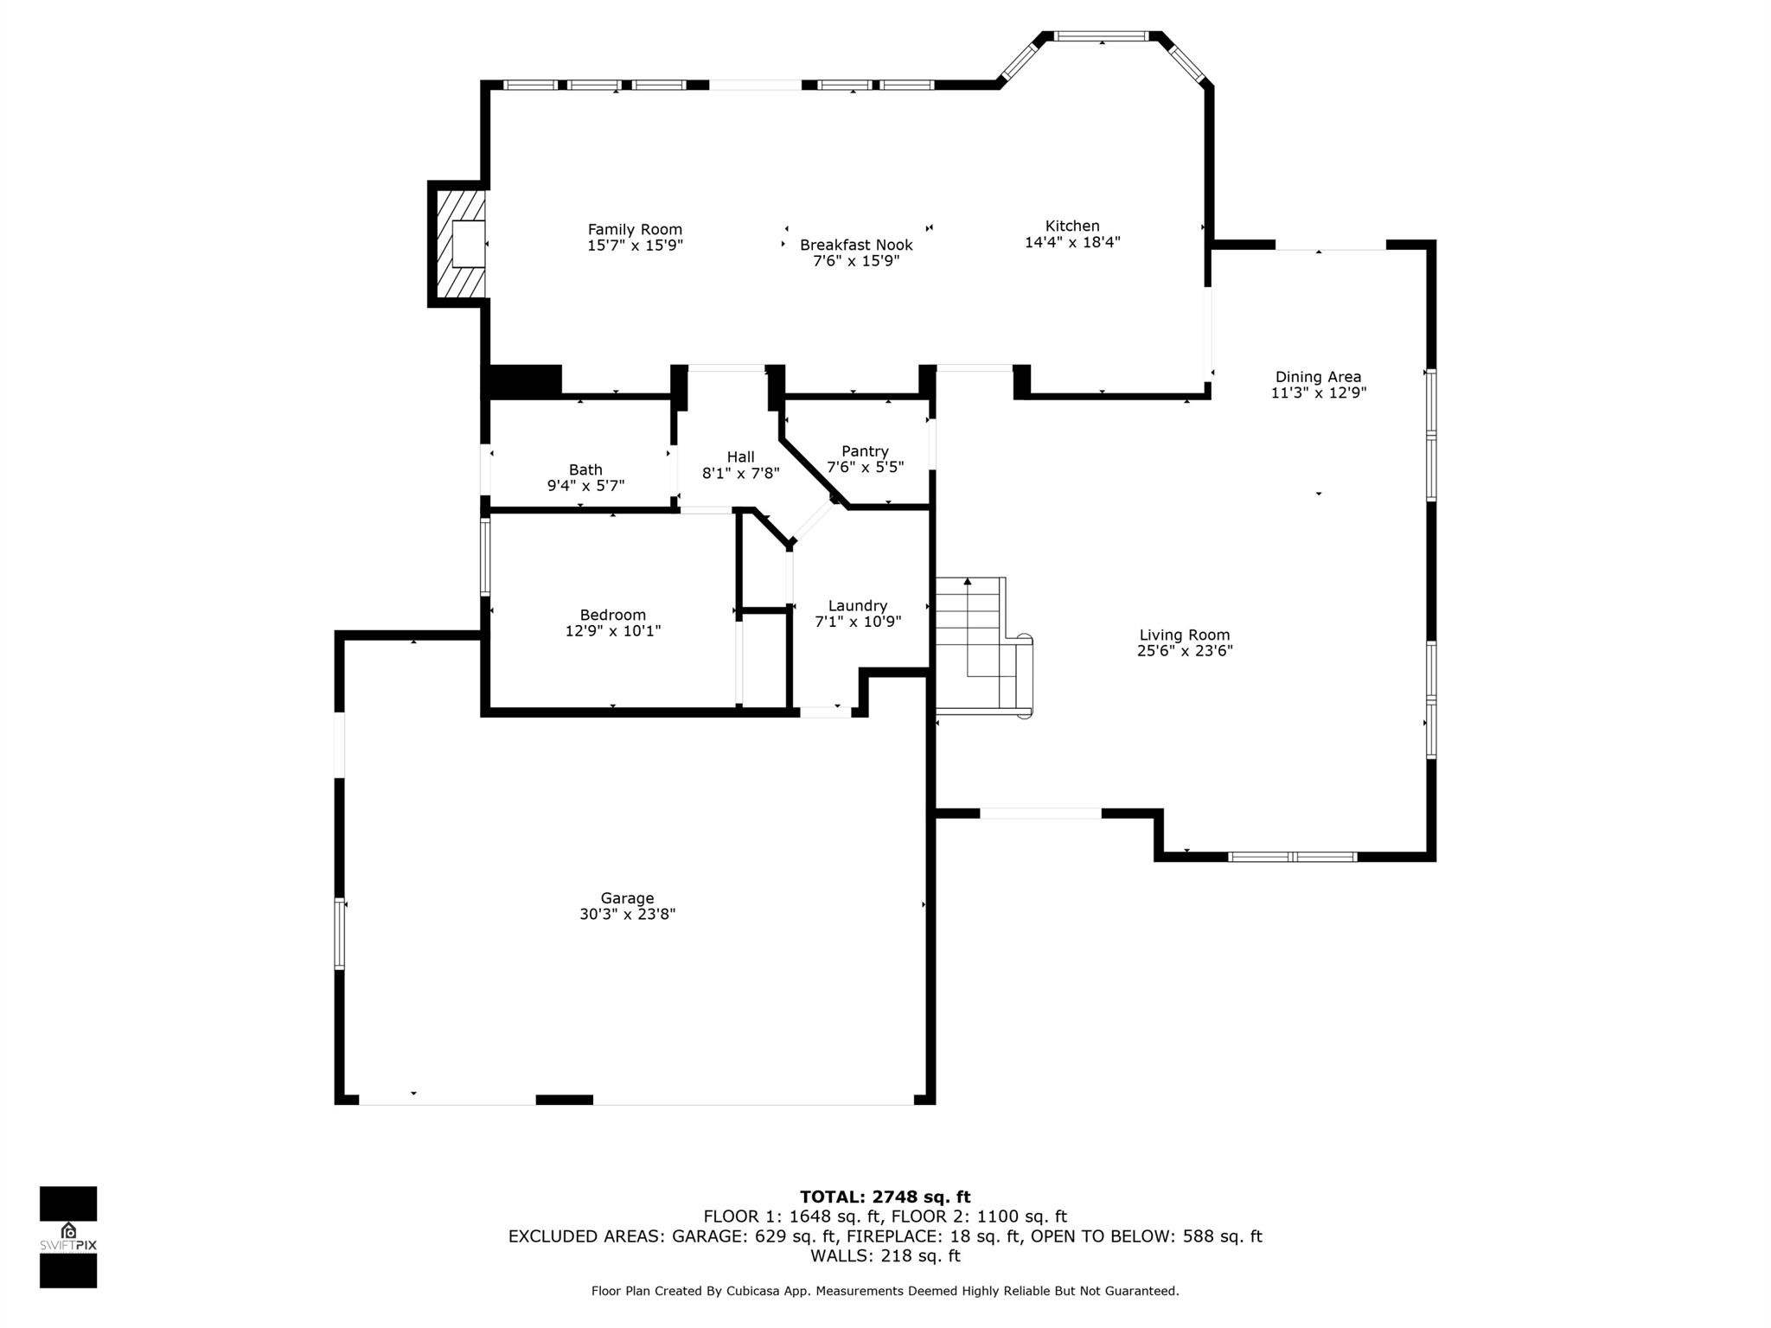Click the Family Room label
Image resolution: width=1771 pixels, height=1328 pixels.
pos(635,229)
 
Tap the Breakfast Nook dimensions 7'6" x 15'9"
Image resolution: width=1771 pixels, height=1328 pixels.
pos(856,260)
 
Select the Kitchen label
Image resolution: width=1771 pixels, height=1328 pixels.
pos(1072,226)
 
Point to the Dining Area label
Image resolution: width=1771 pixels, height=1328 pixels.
pos(1318,377)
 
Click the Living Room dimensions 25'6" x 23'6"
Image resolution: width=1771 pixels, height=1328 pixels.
pos(1184,651)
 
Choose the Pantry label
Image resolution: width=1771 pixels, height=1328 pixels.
pos(865,451)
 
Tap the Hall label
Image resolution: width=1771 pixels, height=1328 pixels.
pos(740,457)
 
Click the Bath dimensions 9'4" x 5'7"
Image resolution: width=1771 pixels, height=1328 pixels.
pos(585,486)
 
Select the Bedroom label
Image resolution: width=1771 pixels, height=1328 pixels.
pos(612,616)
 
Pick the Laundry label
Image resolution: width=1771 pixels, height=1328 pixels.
pos(857,606)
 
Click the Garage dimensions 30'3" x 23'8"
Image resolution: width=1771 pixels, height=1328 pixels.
pos(627,914)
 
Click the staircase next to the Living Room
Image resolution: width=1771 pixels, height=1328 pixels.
pos(981,644)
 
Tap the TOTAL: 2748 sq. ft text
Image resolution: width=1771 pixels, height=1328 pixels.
pos(885,1197)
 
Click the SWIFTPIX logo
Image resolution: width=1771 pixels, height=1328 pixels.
pos(68,1236)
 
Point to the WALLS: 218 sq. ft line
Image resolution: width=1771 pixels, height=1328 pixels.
pos(885,1255)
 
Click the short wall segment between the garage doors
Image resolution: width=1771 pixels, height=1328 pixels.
pos(564,1100)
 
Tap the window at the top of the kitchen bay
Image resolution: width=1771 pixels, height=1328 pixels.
pos(1101,36)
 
